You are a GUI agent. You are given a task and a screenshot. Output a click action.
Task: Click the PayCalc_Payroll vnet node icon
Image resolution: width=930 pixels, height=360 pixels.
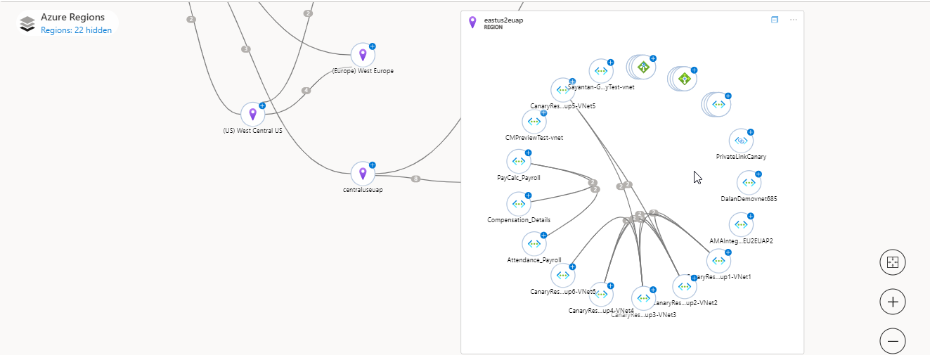pos(519,162)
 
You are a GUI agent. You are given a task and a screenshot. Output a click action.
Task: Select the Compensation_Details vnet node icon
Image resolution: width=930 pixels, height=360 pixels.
pos(519,204)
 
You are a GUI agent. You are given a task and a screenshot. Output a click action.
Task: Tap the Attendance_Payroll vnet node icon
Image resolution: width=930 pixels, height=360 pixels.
pos(534,244)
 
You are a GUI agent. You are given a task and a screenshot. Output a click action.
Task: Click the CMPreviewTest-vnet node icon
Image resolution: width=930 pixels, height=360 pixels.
pos(534,122)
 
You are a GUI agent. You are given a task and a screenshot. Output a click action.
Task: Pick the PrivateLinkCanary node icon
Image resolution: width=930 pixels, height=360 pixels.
pos(741,141)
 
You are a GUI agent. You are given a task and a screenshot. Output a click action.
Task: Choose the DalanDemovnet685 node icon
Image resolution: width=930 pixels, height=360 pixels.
pos(749,183)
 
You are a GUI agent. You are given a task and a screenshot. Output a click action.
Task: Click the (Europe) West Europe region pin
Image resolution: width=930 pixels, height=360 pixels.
pos(363,55)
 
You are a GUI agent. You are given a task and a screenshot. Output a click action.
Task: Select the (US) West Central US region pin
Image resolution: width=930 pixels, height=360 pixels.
pos(252,114)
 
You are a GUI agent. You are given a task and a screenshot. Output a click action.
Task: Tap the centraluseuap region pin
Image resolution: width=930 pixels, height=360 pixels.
pos(363,173)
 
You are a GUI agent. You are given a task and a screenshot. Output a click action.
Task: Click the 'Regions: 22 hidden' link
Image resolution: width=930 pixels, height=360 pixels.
pos(76,30)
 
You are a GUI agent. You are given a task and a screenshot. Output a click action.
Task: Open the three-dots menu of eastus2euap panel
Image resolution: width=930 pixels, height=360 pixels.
pos(794,20)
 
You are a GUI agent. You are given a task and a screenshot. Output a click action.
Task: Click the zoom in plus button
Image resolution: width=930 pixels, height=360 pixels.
pos(893,302)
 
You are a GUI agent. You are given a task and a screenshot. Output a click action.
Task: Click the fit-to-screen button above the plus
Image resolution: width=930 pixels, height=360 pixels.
pos(893,263)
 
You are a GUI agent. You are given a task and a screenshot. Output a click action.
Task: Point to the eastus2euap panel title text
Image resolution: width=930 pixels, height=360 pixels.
pos(503,20)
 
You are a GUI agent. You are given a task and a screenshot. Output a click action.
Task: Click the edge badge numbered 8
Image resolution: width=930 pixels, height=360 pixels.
pos(415,179)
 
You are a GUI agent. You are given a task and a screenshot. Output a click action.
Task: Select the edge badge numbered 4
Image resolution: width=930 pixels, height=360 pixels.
pos(306,91)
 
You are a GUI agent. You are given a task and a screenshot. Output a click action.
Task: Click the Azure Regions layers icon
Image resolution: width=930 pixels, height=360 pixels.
pos(27,24)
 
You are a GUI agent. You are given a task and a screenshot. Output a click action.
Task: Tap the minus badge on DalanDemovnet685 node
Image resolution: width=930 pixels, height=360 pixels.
pos(758,174)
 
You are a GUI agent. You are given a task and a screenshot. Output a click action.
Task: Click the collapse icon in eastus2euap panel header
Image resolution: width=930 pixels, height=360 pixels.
pos(775,20)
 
